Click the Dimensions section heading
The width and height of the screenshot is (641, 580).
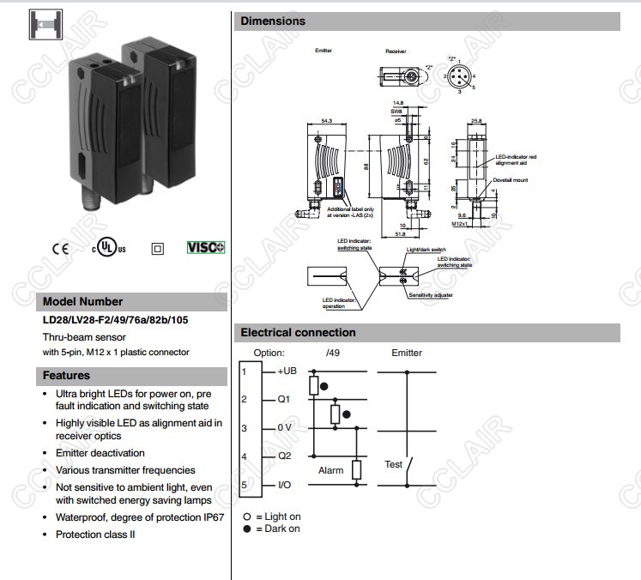pyautogui.click(x=273, y=21)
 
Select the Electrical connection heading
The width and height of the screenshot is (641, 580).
pyautogui.click(x=298, y=332)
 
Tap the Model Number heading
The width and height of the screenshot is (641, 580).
pyautogui.click(x=82, y=301)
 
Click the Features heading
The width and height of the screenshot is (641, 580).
pyautogui.click(x=66, y=375)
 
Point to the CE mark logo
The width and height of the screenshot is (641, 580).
pyautogui.click(x=60, y=249)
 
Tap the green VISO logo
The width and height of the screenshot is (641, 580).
pyautogui.click(x=205, y=247)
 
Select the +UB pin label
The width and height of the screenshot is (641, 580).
pyautogui.click(x=287, y=371)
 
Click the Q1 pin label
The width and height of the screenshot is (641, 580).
pyautogui.click(x=284, y=399)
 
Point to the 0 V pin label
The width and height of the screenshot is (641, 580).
pyautogui.click(x=286, y=427)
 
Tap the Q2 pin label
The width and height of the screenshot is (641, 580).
pyautogui.click(x=284, y=456)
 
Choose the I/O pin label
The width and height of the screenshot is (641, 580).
pyautogui.click(x=284, y=485)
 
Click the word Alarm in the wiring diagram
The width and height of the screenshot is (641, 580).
pyautogui.click(x=330, y=470)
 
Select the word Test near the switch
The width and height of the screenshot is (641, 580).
pyautogui.click(x=393, y=464)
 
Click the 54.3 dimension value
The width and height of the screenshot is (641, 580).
pyautogui.click(x=326, y=121)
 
